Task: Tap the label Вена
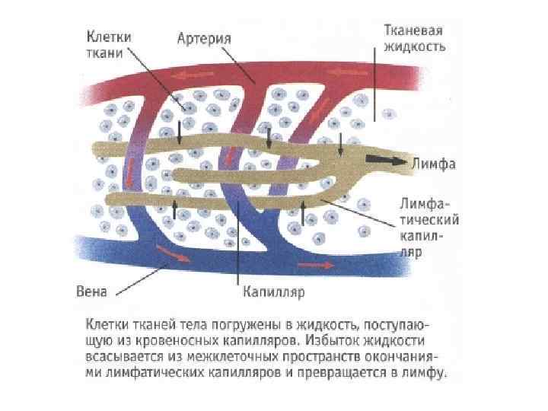click(x=93, y=290)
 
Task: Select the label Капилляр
click(x=273, y=290)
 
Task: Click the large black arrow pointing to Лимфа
click(x=385, y=160)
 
